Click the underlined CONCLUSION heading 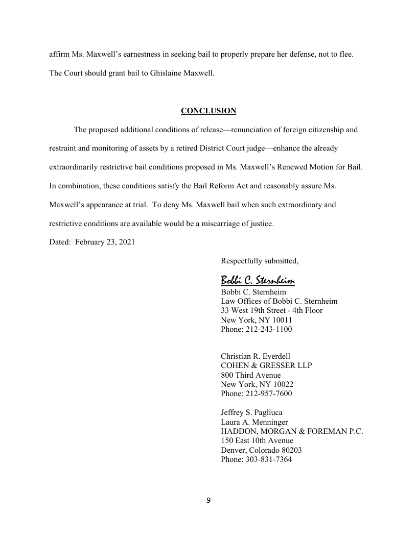[208, 111]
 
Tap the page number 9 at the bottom [208, 500]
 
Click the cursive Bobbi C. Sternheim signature [258, 280]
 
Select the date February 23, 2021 [105, 242]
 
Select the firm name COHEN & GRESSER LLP [266, 365]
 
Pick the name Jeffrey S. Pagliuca [251, 412]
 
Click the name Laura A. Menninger [254, 422]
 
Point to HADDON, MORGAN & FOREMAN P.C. [292, 431]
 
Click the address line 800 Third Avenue [250, 375]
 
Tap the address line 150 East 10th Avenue [257, 440]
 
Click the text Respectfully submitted [259, 261]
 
